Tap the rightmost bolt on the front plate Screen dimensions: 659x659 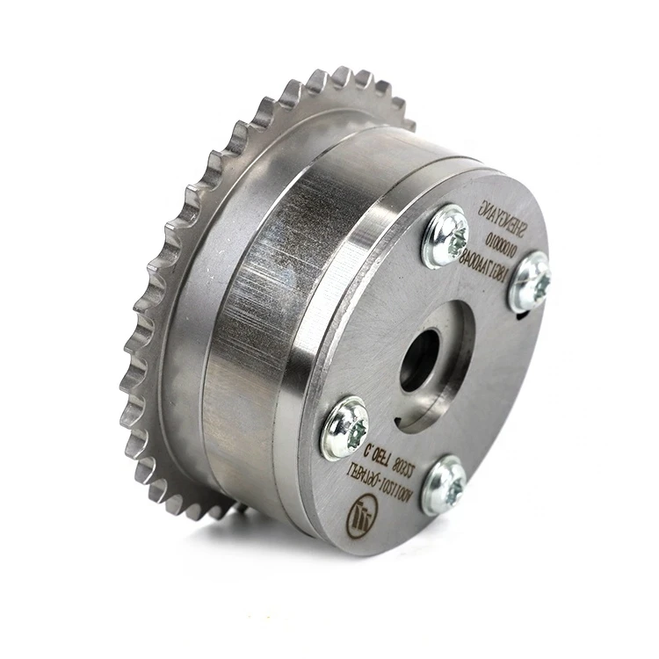pyautogui.click(x=531, y=280)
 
